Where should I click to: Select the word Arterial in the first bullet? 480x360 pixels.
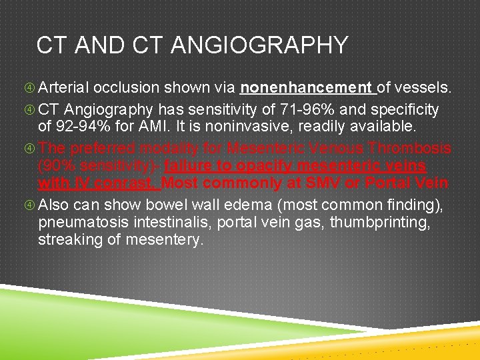pos(65,88)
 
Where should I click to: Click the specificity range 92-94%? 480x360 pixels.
pos(79,127)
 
